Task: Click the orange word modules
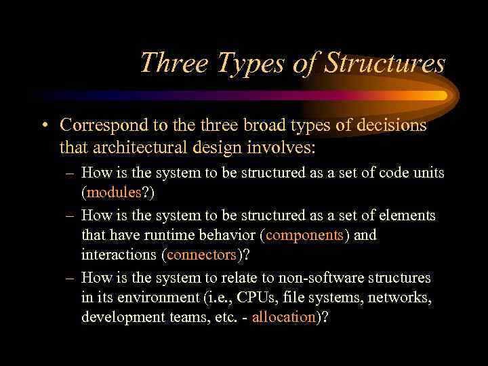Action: tap(113, 192)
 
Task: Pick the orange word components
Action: tap(305, 235)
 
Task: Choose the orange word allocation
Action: tap(284, 318)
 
